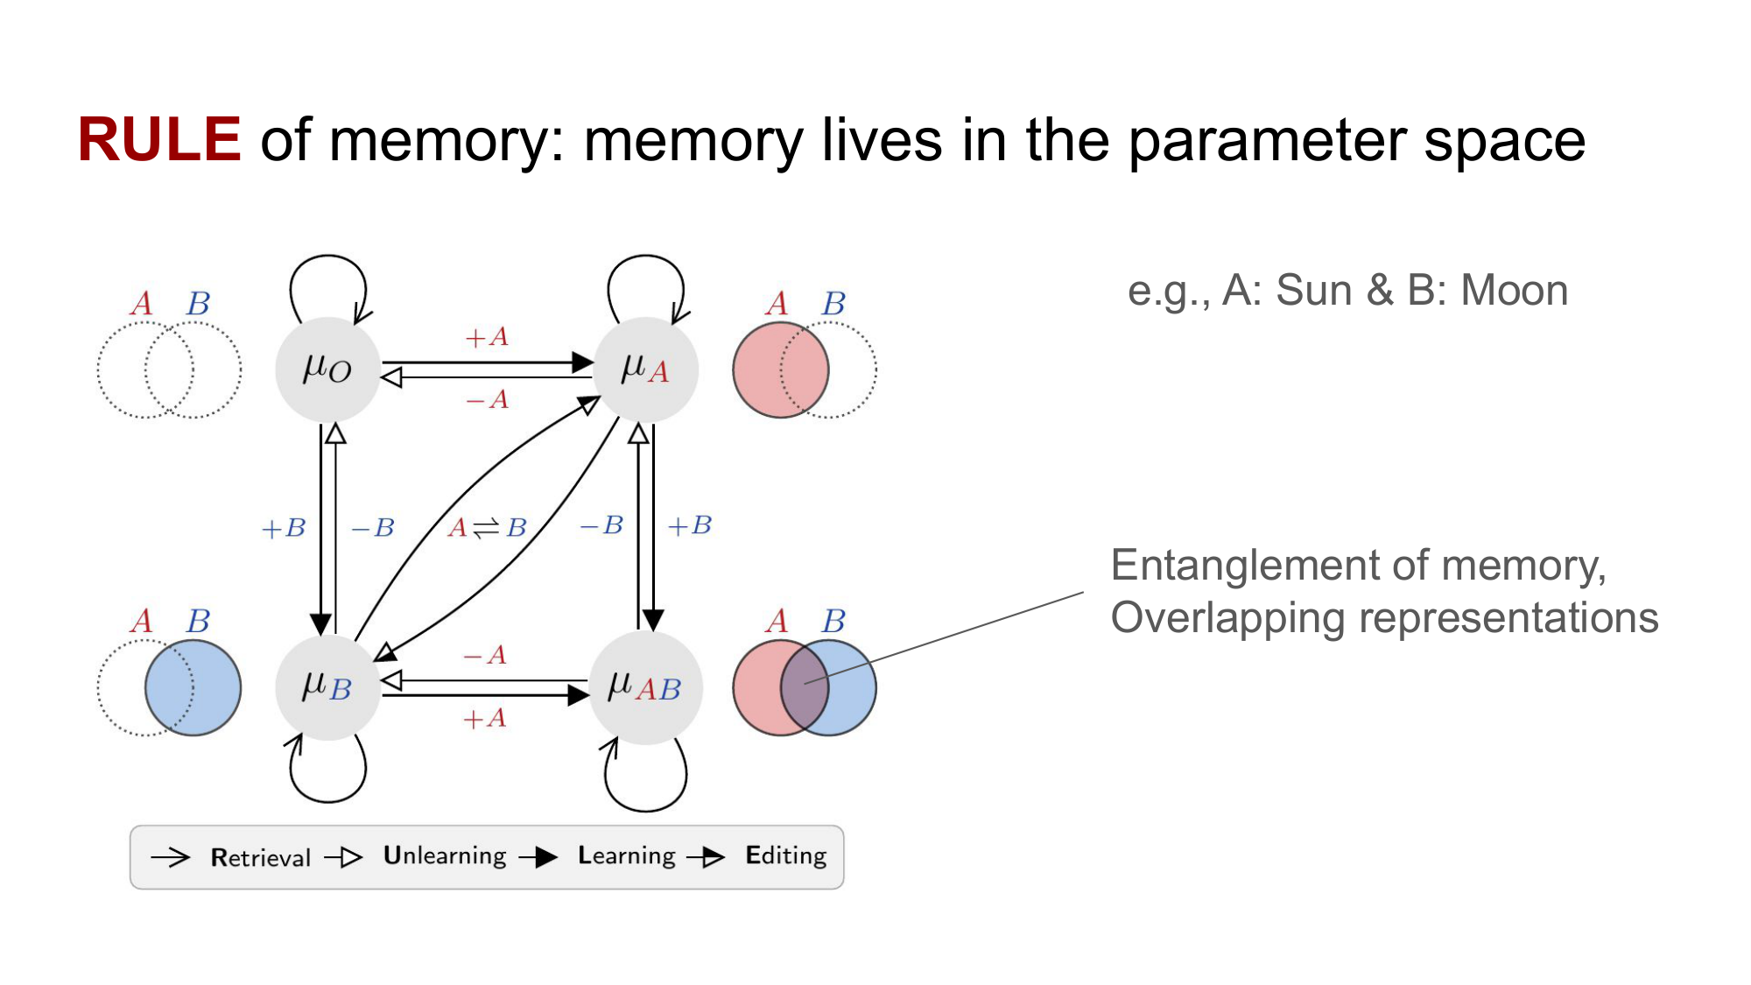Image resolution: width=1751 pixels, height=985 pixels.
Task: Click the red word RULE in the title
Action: pos(158,140)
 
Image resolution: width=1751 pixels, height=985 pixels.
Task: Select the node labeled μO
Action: pos(327,369)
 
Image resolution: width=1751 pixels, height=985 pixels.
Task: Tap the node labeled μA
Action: pos(645,369)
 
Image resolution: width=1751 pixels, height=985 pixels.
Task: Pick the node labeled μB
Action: pos(327,686)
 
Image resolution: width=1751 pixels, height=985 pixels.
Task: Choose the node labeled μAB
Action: pos(645,687)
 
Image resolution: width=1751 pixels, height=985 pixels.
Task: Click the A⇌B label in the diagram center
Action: pos(487,528)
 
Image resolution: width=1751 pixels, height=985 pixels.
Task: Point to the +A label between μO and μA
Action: pos(487,337)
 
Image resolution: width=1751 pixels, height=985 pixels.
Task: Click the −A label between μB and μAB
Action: pos(485,655)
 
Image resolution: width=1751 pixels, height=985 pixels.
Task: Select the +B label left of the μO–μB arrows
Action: pos(284,528)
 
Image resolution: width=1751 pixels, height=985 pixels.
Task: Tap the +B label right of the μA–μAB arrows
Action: pos(690,525)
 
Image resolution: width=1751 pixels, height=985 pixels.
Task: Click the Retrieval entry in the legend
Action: pos(260,857)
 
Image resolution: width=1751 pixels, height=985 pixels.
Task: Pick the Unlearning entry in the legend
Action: pos(445,855)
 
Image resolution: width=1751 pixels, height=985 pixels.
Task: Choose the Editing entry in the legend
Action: pos(785,855)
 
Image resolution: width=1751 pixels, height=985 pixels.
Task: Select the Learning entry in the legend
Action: pos(626,855)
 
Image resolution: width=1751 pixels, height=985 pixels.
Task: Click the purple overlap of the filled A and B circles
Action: pos(805,687)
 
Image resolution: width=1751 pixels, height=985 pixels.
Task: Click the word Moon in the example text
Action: pos(1514,290)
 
